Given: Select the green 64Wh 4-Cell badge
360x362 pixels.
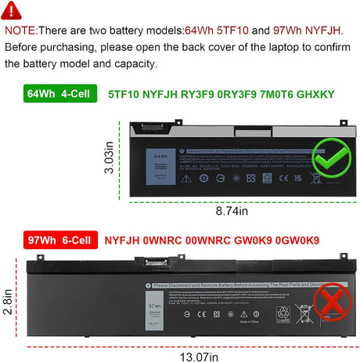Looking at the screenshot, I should [x=49, y=96].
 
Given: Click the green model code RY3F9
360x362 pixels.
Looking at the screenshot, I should [x=189, y=96].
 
